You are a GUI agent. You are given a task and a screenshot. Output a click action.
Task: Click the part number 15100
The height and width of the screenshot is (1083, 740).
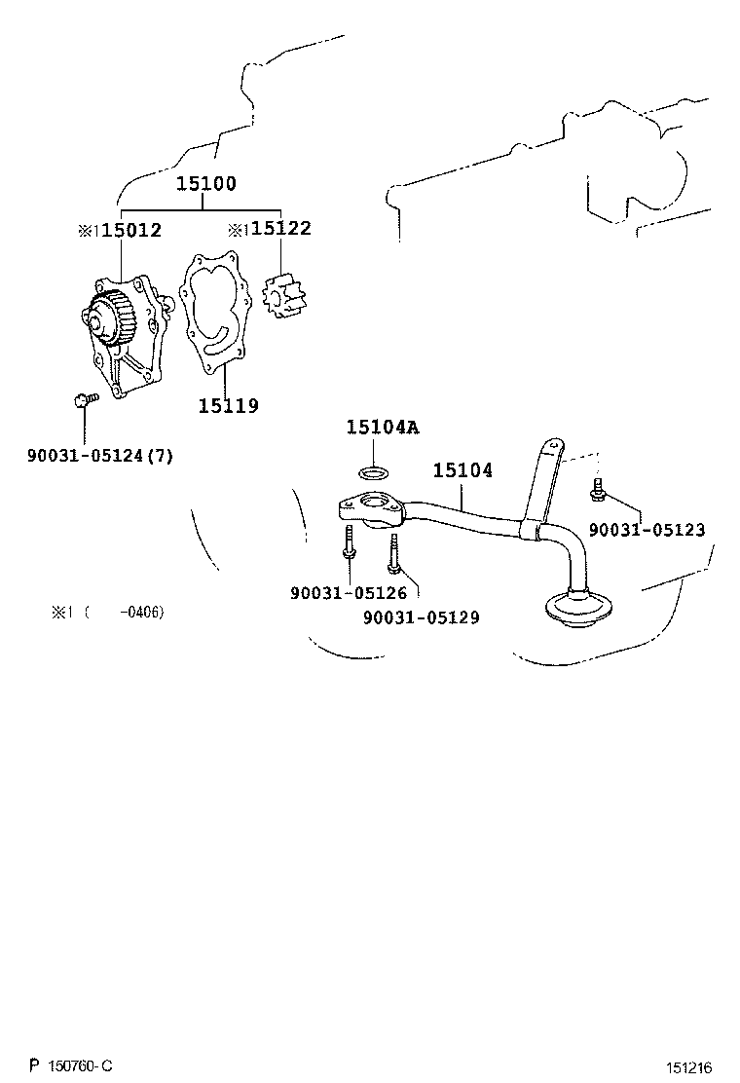click(205, 184)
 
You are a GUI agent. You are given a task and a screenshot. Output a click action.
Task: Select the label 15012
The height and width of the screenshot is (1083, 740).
click(131, 231)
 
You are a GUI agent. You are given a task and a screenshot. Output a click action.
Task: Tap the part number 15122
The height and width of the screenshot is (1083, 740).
click(280, 229)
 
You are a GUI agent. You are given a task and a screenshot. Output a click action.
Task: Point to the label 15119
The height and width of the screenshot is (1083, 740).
click(229, 406)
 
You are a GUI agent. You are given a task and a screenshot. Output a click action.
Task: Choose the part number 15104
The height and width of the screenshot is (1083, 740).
click(462, 471)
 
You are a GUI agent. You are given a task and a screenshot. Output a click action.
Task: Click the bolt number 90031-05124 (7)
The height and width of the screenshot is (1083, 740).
click(100, 455)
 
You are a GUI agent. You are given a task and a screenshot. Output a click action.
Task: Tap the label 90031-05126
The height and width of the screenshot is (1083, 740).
click(349, 593)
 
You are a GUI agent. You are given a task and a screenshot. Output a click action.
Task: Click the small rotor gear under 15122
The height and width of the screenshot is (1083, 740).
click(283, 294)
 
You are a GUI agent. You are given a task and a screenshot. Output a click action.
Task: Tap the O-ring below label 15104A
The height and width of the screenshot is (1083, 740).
click(373, 473)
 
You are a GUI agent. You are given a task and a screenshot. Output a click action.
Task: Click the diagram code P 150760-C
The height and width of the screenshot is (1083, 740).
click(71, 1066)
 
